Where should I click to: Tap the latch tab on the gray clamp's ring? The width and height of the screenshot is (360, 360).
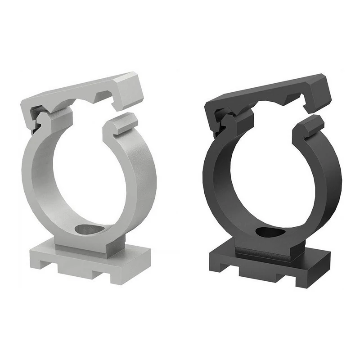click(121, 124)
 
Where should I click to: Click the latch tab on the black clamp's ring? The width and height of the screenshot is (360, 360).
click(312, 126)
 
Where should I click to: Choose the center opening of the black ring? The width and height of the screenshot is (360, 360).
click(270, 175)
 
